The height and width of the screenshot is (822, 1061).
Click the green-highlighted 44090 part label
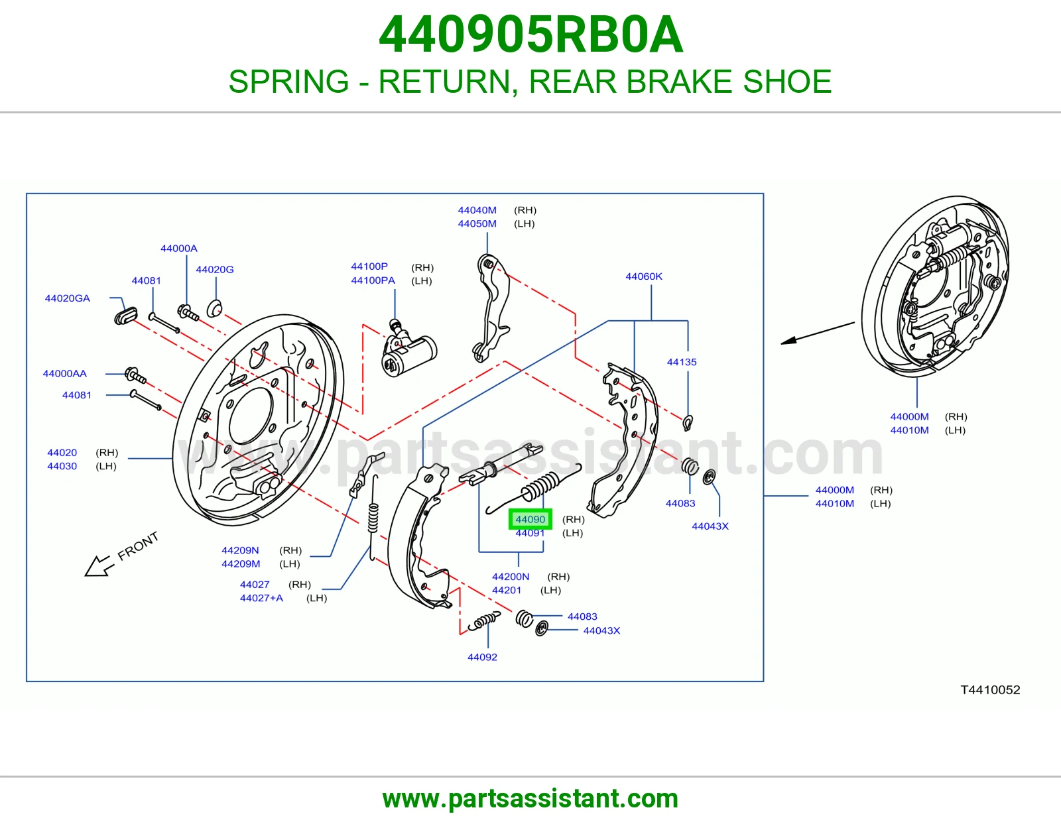click(530, 519)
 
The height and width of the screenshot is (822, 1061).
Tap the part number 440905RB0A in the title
click(530, 34)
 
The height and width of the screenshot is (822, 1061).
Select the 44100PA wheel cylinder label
click(373, 280)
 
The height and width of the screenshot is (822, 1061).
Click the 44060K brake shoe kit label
click(644, 276)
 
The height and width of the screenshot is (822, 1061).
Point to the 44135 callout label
click(682, 362)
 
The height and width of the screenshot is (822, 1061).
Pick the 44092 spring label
click(482, 657)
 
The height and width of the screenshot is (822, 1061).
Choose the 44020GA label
click(68, 298)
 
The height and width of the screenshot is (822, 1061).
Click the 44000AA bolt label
click(64, 373)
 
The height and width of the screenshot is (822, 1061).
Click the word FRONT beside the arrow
click(138, 545)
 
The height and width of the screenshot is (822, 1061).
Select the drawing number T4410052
click(990, 689)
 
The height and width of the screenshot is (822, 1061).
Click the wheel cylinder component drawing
click(408, 349)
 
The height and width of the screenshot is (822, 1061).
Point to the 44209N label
click(240, 550)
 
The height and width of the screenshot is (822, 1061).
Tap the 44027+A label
click(261, 598)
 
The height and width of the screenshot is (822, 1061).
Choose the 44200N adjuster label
click(510, 577)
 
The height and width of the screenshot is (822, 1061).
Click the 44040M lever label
click(477, 210)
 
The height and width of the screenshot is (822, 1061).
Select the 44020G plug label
click(215, 269)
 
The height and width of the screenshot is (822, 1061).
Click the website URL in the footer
click(530, 799)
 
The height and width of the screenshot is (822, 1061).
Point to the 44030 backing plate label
click(62, 466)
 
